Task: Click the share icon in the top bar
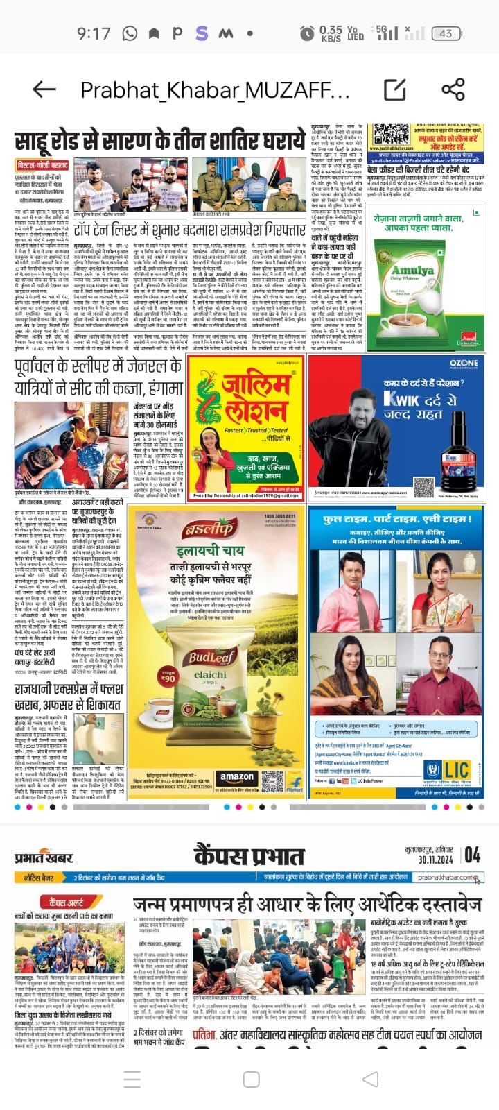tap(453, 89)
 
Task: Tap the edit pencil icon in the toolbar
tap(395, 89)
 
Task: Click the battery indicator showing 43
tap(445, 33)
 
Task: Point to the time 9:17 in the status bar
tap(94, 33)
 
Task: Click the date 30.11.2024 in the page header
tap(435, 860)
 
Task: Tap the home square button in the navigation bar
tap(251, 1079)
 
